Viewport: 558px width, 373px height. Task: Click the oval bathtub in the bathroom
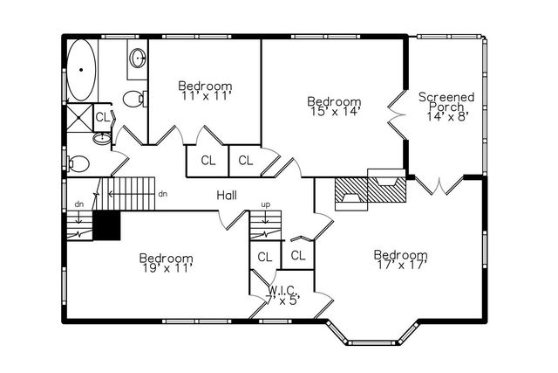[81, 70]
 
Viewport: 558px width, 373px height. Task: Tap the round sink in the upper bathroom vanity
[139, 59]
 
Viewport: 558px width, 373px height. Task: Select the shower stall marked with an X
[79, 117]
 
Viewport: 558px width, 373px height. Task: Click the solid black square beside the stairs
[105, 224]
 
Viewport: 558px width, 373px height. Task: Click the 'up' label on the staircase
[266, 205]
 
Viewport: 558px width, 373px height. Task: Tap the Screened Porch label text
[446, 101]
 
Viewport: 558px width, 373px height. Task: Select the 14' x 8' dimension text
[447, 116]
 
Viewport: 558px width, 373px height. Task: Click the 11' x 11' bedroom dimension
[205, 96]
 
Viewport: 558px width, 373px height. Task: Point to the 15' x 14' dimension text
[335, 112]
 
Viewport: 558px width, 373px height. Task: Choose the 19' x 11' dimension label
[166, 268]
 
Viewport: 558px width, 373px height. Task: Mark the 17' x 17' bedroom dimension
[400, 266]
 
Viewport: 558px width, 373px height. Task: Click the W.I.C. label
[283, 290]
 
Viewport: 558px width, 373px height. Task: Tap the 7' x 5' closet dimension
[282, 300]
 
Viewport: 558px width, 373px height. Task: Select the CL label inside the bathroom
[103, 117]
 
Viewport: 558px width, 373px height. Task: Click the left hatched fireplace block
[351, 190]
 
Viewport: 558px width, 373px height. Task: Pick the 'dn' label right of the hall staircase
[163, 194]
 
